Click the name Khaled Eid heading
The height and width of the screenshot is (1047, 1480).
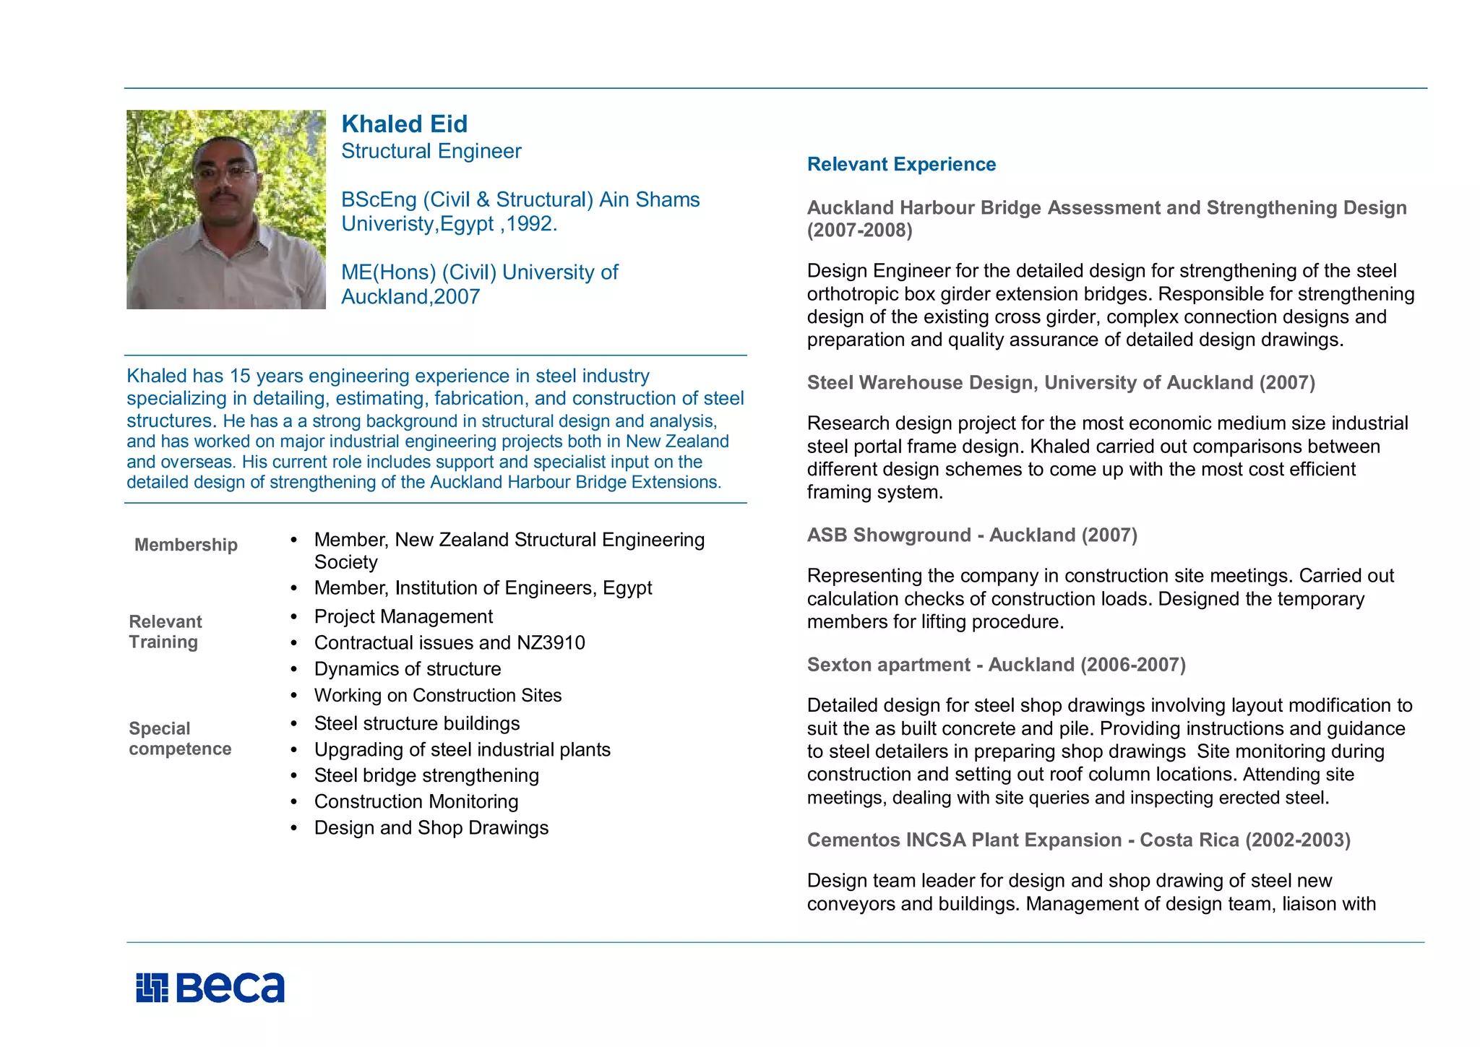point(404,124)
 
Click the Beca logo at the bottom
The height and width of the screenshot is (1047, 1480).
point(210,988)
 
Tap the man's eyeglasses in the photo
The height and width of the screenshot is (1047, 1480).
point(225,173)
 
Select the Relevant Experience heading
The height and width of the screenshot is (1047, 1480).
point(901,165)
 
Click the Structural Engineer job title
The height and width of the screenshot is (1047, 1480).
point(431,152)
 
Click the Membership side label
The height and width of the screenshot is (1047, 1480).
point(186,545)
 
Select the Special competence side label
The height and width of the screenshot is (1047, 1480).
point(180,738)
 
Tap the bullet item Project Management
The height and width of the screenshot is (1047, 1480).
point(403,617)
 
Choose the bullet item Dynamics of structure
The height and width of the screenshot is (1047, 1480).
point(408,669)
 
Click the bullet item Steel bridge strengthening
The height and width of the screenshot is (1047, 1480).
point(426,776)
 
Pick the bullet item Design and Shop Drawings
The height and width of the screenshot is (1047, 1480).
point(431,828)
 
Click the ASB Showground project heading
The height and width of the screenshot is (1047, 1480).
point(972,535)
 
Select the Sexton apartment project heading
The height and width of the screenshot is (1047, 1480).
point(996,665)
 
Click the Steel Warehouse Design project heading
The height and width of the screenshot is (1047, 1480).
point(1060,383)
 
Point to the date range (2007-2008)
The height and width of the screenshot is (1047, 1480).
point(859,230)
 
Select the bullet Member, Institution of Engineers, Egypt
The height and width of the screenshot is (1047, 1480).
point(483,588)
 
